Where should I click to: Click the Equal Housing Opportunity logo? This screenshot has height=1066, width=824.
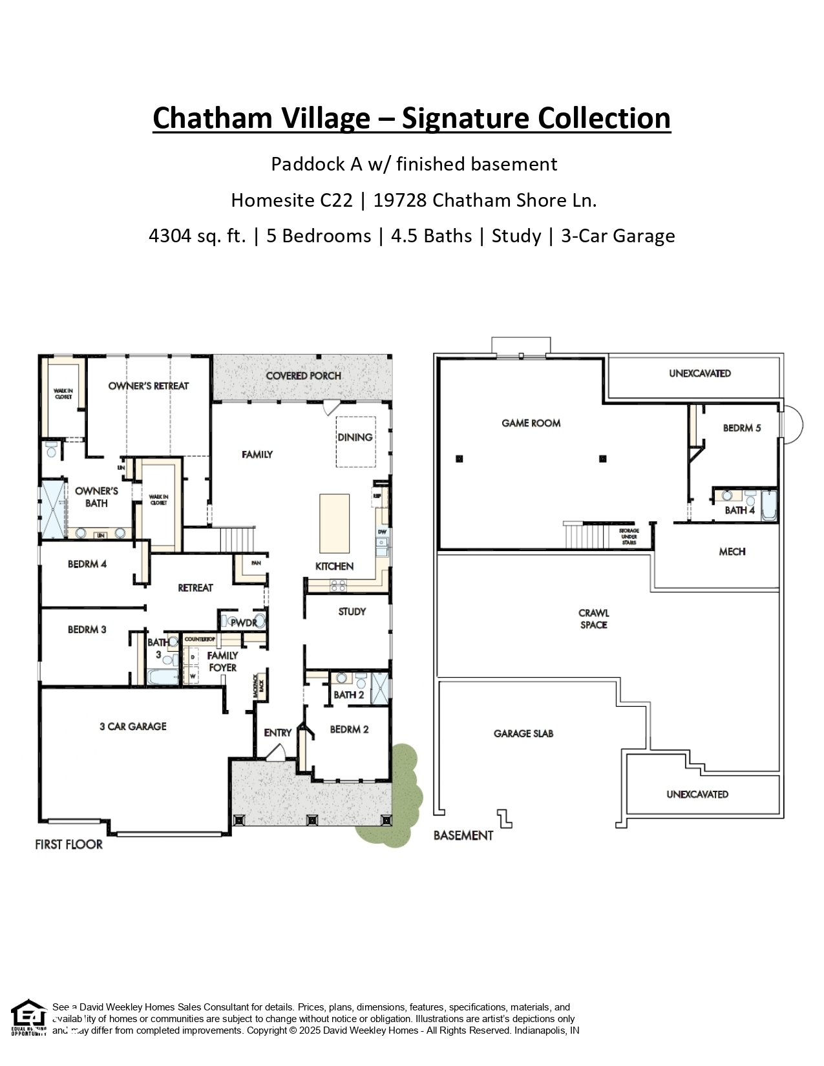click(28, 1018)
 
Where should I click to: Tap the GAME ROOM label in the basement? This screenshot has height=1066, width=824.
click(531, 423)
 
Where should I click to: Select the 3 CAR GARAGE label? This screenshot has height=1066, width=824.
click(132, 726)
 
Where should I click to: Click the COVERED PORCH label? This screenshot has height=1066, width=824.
click(303, 375)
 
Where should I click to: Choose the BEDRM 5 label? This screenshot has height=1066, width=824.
click(741, 428)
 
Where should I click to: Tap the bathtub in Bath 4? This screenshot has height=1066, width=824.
click(769, 507)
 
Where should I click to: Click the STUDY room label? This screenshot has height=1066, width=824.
click(352, 611)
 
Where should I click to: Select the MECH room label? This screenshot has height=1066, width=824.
click(732, 552)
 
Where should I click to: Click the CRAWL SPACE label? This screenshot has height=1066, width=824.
click(593, 619)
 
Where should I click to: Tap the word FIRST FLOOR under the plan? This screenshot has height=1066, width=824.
click(69, 844)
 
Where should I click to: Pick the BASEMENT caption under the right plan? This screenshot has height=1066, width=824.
click(463, 835)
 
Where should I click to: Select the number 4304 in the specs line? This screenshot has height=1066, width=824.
click(167, 236)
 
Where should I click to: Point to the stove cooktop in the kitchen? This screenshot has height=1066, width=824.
click(338, 585)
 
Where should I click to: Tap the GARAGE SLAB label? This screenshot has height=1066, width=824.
click(523, 733)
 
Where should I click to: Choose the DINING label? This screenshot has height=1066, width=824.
click(355, 437)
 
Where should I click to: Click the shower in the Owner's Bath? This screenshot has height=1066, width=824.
click(53, 509)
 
